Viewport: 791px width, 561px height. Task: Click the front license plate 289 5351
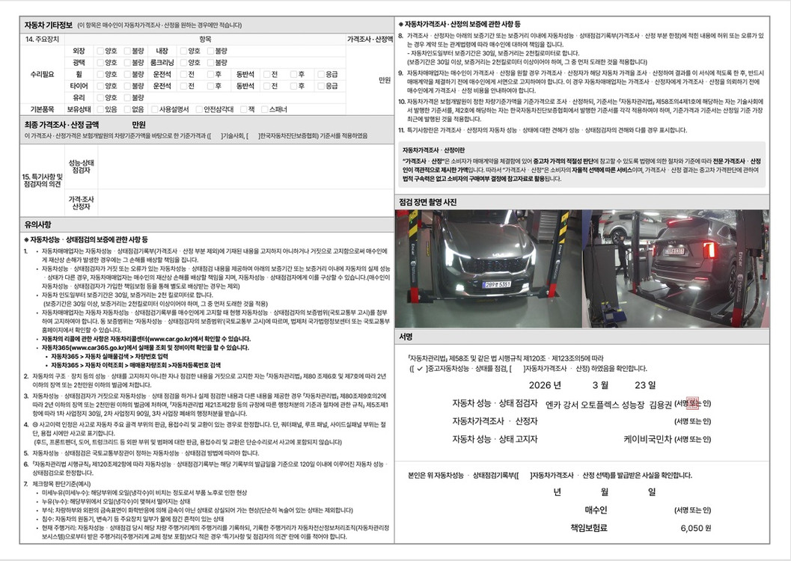click(x=497, y=284)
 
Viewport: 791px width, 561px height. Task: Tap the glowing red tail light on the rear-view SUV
click(x=708, y=250)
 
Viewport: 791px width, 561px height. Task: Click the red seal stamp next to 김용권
click(x=692, y=403)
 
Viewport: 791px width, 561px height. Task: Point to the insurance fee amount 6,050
click(x=691, y=527)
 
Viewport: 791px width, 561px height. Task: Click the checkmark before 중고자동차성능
click(x=420, y=368)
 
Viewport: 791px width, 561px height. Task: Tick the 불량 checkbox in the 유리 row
click(x=127, y=97)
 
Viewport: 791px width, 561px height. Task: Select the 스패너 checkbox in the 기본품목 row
click(x=264, y=109)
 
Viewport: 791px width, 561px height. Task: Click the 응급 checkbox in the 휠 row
click(x=321, y=74)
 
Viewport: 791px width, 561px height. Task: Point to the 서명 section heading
click(x=406, y=337)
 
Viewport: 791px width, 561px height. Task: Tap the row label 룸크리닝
click(x=162, y=63)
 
